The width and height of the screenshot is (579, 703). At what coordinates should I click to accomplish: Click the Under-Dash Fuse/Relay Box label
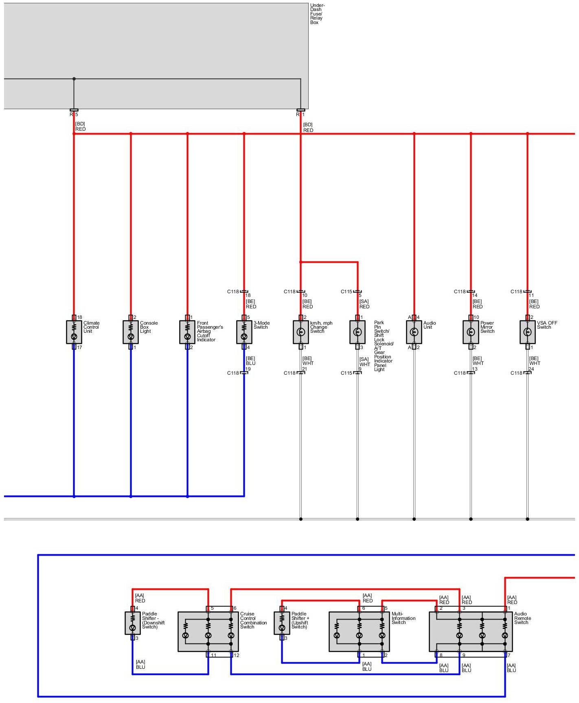coord(317,14)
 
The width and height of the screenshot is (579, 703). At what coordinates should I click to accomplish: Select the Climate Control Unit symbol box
coord(74,332)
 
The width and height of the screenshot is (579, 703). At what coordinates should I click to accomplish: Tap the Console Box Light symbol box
coord(131,332)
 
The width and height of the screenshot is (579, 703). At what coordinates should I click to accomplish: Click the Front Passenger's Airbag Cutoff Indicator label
coord(210,331)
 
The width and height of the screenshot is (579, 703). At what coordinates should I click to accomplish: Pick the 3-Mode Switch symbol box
coord(244,332)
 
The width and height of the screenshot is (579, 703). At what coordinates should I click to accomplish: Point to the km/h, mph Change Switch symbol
coord(300,332)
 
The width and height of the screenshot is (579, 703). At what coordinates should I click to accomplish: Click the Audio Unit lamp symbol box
coord(414,332)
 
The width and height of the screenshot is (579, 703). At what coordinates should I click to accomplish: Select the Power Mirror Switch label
coord(487,327)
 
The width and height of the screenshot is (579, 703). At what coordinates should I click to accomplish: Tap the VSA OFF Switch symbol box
coord(527,332)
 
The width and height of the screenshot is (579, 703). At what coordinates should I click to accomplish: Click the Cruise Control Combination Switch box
coord(208,631)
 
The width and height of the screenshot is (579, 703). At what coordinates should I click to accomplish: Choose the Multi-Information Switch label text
coord(403,618)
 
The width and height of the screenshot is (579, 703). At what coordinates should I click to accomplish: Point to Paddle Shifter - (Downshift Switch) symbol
coord(132,623)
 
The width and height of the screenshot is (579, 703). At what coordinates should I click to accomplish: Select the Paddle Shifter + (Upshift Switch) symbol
coord(282,623)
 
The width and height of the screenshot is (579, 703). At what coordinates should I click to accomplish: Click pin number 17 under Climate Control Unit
coord(80,347)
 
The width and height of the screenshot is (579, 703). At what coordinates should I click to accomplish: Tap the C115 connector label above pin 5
coord(347,292)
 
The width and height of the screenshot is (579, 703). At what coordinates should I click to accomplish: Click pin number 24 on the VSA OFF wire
coord(531,369)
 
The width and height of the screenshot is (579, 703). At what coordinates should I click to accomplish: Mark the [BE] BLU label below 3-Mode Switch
coord(250,361)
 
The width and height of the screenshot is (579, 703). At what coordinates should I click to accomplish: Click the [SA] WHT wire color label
coord(364,362)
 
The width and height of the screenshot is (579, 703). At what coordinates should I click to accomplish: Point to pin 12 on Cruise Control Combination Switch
coord(237,655)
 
